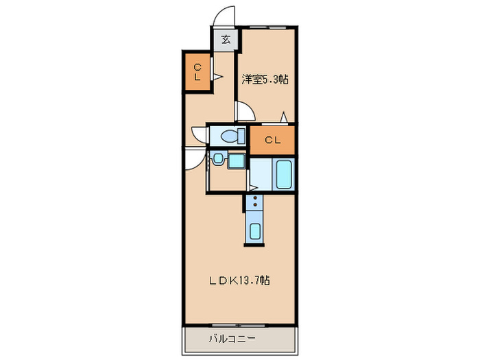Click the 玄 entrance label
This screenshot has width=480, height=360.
pos(226,40)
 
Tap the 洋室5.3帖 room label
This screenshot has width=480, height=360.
pos(265,80)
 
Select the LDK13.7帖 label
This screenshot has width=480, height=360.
pos(239,280)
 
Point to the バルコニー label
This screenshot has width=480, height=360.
pos(232,339)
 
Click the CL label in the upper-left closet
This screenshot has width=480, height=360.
pos(197,72)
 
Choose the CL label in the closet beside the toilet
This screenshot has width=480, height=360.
pos(272,140)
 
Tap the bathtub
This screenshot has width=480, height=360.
pos(284,174)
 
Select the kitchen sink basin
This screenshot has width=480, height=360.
pos(255,231)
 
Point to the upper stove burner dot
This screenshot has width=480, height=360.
pos(255,198)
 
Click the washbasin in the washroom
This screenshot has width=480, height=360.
pos(218,158)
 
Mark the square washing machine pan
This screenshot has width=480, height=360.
pos(237,160)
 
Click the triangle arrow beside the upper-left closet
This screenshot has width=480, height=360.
pos(218,77)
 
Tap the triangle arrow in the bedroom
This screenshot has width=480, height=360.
pos(284,117)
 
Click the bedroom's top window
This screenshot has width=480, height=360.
pos(268,27)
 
